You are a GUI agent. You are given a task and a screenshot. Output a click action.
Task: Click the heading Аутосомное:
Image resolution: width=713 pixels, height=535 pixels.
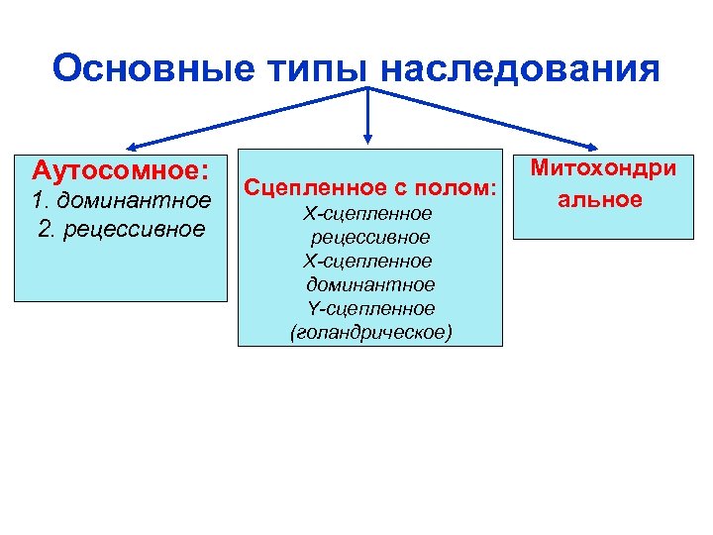tap(121, 171)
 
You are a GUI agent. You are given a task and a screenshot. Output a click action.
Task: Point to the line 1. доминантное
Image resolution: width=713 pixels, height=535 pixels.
tap(121, 201)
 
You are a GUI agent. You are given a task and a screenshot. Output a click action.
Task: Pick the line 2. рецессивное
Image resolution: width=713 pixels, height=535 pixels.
tap(121, 230)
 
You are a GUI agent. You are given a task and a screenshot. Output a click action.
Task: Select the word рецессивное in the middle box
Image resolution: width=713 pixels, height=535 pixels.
tap(369, 237)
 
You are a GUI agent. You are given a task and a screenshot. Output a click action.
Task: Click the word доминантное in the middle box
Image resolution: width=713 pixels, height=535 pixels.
tap(369, 285)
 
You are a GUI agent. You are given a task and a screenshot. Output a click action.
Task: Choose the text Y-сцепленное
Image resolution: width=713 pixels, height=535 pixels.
tap(369, 309)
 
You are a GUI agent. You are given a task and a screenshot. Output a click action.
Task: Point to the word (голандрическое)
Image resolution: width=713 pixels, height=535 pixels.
tap(369, 333)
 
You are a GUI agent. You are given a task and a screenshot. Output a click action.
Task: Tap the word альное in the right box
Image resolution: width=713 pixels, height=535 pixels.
tap(601, 199)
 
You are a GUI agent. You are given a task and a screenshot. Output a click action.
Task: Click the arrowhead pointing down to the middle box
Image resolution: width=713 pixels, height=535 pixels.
tap(368, 139)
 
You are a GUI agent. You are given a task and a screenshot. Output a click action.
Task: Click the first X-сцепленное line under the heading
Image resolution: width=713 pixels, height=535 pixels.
tap(369, 213)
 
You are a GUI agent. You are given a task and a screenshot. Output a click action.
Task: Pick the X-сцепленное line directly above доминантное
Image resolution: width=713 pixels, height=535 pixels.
tap(369, 261)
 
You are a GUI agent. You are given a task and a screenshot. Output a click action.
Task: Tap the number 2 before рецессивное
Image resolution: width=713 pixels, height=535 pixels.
tap(42, 230)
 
